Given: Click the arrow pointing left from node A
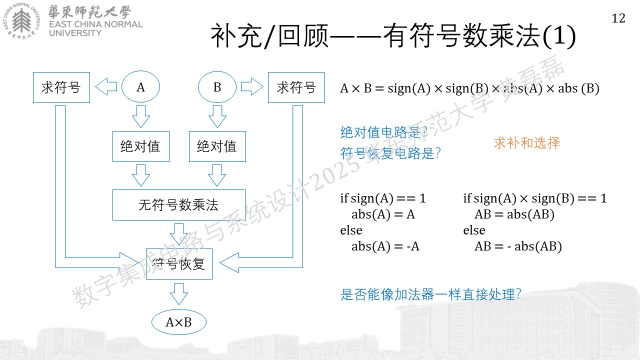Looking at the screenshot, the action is (106, 86).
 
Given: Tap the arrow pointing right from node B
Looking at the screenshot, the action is (252, 86).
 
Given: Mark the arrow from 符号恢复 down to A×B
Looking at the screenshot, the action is (179, 294).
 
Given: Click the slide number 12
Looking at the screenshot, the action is (618, 18).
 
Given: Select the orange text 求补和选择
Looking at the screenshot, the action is (527, 143).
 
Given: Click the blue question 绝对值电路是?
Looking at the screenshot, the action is (383, 132).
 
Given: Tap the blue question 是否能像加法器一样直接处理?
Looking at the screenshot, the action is (430, 294).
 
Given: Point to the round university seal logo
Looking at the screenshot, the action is (21, 21).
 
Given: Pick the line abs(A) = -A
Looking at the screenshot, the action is (385, 246).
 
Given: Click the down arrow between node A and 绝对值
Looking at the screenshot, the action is (141, 116).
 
